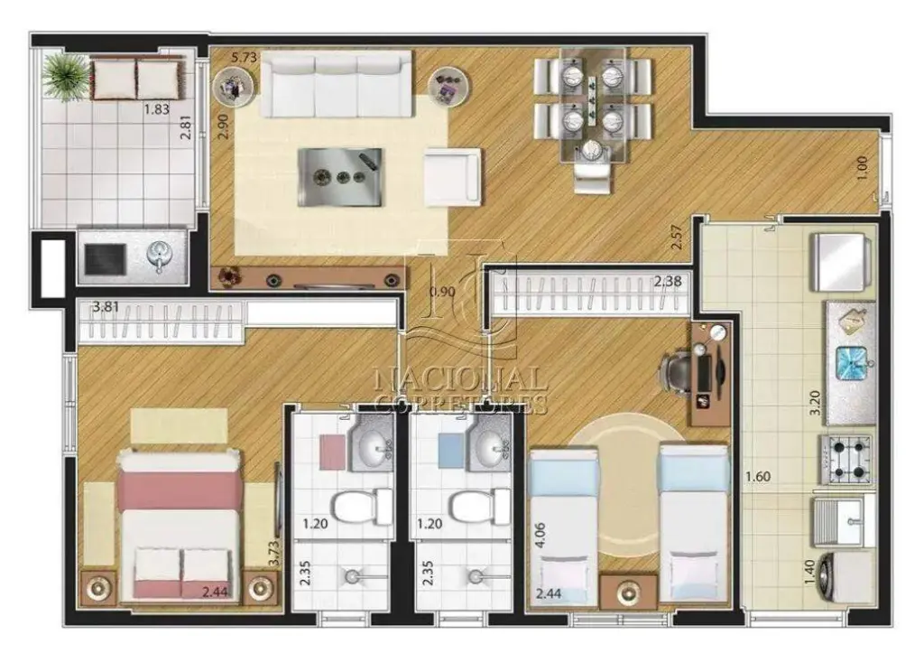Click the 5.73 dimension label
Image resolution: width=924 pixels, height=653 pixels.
pyautogui.click(x=244, y=57)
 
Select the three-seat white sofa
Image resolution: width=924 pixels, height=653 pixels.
pyautogui.click(x=336, y=84)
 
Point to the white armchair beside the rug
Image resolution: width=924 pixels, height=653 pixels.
pyautogui.click(x=452, y=176)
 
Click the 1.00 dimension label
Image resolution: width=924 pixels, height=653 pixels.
pyautogui.click(x=862, y=168)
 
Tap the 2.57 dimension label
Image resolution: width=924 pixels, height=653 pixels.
pyautogui.click(x=677, y=237)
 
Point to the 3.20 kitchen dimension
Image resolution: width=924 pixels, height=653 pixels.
pyautogui.click(x=815, y=403)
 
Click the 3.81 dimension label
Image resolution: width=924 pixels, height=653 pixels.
pyautogui.click(x=106, y=307)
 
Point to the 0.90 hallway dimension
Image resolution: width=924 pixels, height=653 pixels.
pyautogui.click(x=442, y=291)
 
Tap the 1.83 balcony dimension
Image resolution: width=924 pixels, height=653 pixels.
pyautogui.click(x=157, y=108)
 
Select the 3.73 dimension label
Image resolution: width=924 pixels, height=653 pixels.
pyautogui.click(x=273, y=555)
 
